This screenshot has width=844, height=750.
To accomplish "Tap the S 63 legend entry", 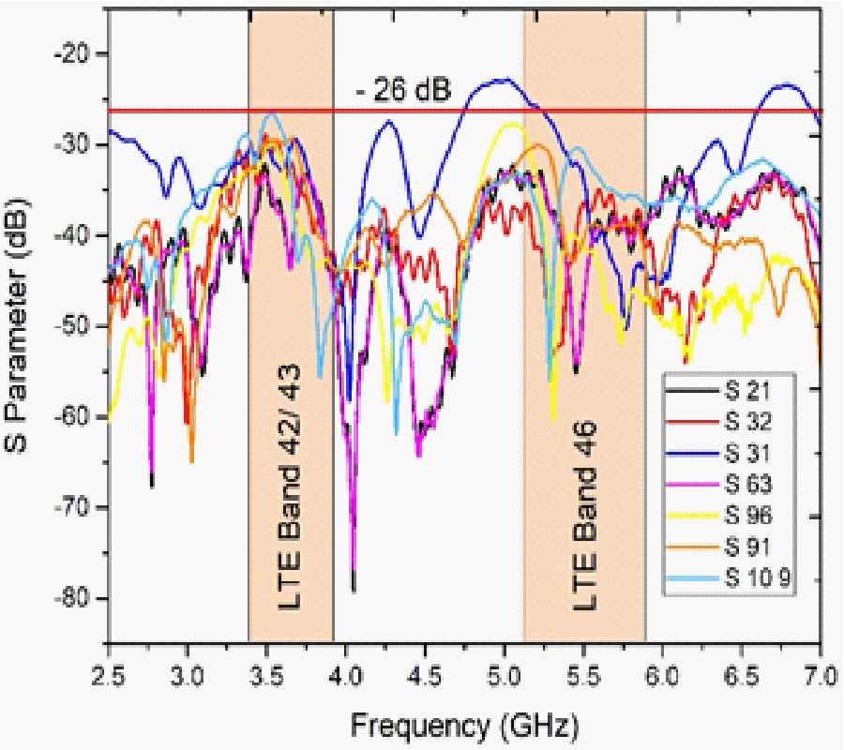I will tap(746, 484).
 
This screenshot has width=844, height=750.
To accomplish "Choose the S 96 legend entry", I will tap(746, 517).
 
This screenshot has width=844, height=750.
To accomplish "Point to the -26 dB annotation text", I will tap(403, 92).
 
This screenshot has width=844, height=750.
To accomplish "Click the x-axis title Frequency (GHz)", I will tap(465, 724).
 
